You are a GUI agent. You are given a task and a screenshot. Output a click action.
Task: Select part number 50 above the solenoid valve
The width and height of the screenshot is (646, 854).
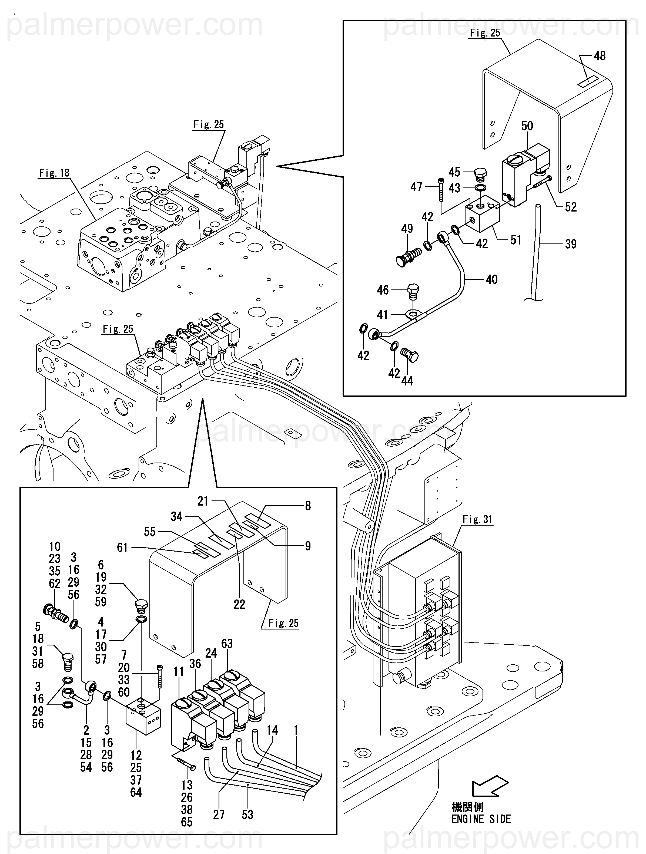[527, 126]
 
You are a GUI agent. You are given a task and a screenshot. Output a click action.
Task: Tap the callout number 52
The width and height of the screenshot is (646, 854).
[571, 207]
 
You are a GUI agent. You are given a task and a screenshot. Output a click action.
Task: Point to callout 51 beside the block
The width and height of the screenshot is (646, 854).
[516, 240]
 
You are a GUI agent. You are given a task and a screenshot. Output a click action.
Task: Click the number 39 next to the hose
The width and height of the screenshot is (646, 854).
[571, 244]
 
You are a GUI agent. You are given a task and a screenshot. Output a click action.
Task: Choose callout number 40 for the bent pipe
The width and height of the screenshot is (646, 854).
[492, 279]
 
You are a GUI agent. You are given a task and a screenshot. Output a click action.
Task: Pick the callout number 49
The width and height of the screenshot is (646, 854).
[407, 229]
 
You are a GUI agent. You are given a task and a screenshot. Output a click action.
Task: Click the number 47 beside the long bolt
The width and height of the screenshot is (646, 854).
[416, 187]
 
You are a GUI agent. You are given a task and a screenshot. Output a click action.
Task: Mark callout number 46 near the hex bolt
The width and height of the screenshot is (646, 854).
[383, 290]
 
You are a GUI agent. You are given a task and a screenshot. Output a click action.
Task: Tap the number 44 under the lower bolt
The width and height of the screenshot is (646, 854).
[407, 381]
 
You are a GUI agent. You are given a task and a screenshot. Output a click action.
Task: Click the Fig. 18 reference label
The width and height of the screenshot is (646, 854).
[54, 173]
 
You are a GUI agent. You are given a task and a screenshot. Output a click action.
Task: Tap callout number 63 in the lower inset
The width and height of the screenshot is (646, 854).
[227, 644]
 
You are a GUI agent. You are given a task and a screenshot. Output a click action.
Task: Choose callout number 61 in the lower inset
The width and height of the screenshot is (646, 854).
[122, 548]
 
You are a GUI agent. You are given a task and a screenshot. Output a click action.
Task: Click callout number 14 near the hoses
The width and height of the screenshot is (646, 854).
[272, 730]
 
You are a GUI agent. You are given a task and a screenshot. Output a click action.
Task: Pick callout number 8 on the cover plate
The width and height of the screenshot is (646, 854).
[308, 506]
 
